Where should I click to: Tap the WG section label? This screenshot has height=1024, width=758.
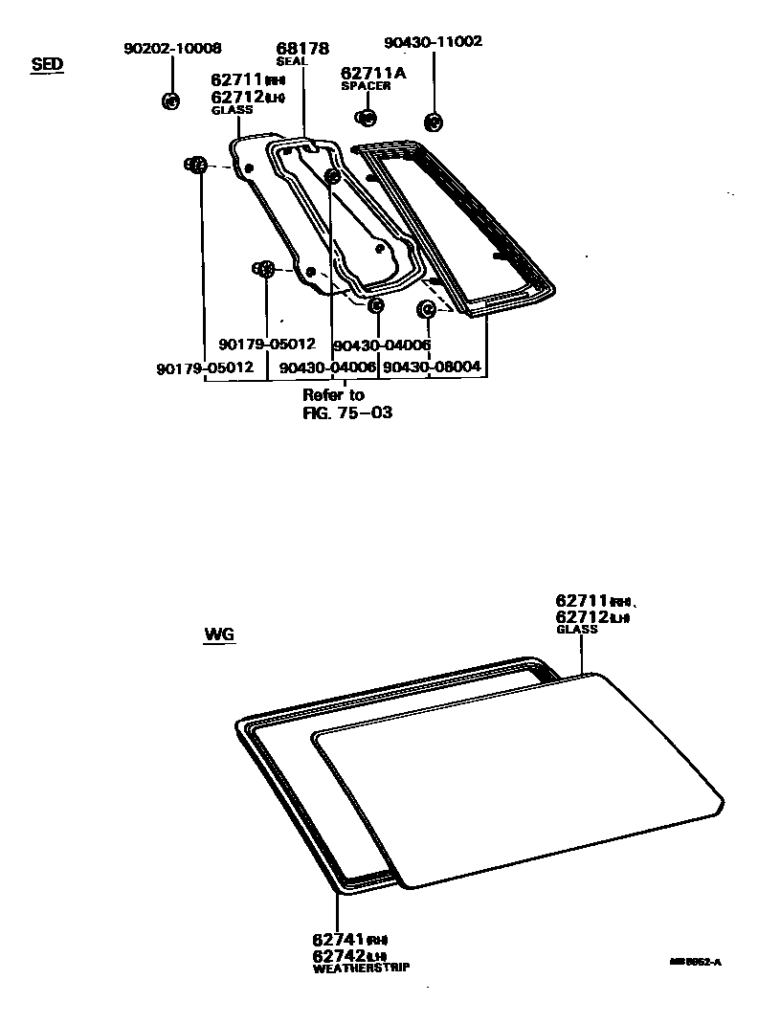(219, 634)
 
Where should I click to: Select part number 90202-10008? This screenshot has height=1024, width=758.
(172, 48)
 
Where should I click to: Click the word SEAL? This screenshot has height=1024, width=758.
(291, 61)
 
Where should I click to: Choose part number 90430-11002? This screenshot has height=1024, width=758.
(433, 42)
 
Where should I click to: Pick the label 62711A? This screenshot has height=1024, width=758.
(372, 73)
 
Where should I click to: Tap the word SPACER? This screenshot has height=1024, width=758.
(366, 86)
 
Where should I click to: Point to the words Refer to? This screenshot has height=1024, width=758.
(333, 394)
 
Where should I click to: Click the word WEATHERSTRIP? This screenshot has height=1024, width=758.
(361, 968)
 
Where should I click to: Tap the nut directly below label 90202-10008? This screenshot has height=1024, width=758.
(170, 100)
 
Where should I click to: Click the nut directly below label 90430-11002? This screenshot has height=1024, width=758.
(432, 122)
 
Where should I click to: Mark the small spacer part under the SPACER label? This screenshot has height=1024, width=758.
(366, 118)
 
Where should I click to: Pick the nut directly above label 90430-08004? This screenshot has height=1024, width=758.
(426, 309)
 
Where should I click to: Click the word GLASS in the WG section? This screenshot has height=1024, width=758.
(576, 630)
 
